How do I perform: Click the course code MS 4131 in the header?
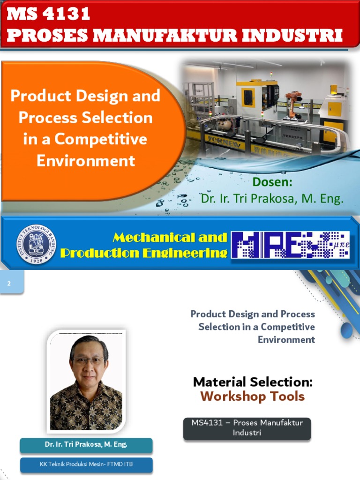pyautogui.click(x=48, y=14)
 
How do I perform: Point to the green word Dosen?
pyautogui.click(x=272, y=182)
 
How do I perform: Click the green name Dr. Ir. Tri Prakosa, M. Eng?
pyautogui.click(x=272, y=198)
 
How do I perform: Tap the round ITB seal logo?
pyautogui.click(x=36, y=245)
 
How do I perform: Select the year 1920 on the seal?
pyautogui.click(x=36, y=260)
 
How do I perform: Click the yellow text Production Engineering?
pyautogui.click(x=144, y=253)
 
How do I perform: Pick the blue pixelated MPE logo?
pyautogui.click(x=291, y=245)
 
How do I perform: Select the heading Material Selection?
pyautogui.click(x=253, y=382)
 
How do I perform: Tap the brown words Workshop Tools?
pyautogui.click(x=253, y=397)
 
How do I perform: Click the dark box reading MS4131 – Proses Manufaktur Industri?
pyautogui.click(x=247, y=428)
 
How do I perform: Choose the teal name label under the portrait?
pyautogui.click(x=86, y=445)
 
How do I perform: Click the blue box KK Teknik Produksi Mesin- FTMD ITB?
pyautogui.click(x=86, y=465)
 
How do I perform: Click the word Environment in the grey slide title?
pyautogui.click(x=286, y=339)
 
